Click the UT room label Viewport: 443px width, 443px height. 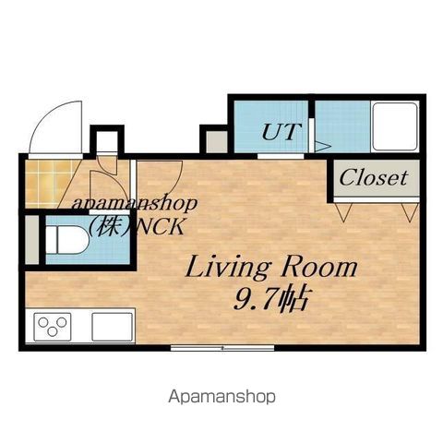pyautogui.click(x=280, y=132)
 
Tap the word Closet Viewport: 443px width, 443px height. pyautogui.click(x=374, y=178)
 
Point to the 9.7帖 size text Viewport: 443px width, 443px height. pyautogui.click(x=270, y=299)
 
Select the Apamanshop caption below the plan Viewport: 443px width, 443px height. pyautogui.click(x=221, y=397)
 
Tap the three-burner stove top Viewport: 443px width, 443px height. pyautogui.click(x=53, y=327)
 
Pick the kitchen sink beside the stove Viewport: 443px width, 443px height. pyautogui.click(x=113, y=327)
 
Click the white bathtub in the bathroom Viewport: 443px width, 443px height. pyautogui.click(x=395, y=126)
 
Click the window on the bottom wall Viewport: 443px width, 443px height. pyautogui.click(x=222, y=348)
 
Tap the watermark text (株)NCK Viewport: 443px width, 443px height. pyautogui.click(x=137, y=227)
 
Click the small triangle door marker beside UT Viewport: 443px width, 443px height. pyautogui.click(x=321, y=147)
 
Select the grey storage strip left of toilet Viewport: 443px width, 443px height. pyautogui.click(x=32, y=240)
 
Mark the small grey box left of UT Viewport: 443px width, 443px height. pyautogui.click(x=217, y=141)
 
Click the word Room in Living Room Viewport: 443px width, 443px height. pyautogui.click(x=318, y=267)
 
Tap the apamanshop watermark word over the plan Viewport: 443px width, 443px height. pyautogui.click(x=135, y=204)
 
